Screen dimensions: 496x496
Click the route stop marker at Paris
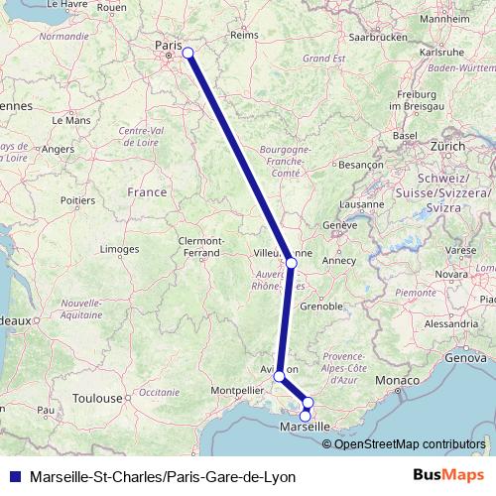[x=187, y=54]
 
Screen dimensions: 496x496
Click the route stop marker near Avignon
[x=280, y=376]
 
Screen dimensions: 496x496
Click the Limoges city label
[x=120, y=248]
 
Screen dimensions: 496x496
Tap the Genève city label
[x=338, y=225]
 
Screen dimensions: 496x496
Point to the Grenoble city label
[x=322, y=307]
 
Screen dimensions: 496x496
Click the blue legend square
[x=12, y=476]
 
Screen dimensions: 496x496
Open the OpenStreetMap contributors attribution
[x=410, y=443]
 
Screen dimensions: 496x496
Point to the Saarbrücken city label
[x=380, y=37]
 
